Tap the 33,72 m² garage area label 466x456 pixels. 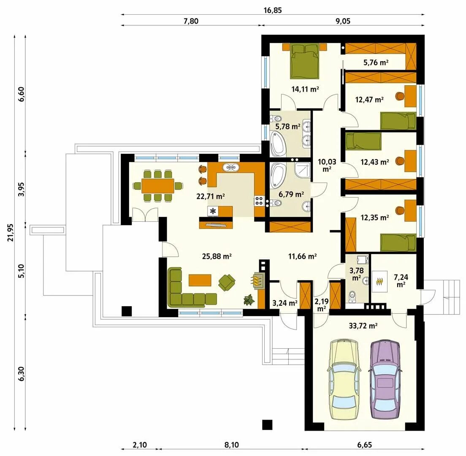click(363, 326)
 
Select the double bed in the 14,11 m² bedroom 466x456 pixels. click(305, 61)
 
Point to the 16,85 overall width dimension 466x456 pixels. click(273, 11)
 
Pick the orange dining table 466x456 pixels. click(157, 186)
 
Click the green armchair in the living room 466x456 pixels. click(227, 282)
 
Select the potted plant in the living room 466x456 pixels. click(249, 300)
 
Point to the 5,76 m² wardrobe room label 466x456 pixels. click(376, 62)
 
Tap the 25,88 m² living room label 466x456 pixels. click(217, 256)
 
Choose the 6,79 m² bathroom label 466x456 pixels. click(291, 194)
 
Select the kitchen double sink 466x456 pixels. click(230, 167)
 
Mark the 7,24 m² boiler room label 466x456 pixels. click(401, 281)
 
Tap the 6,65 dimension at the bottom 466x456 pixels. click(364, 445)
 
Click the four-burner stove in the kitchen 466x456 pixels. click(259, 201)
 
